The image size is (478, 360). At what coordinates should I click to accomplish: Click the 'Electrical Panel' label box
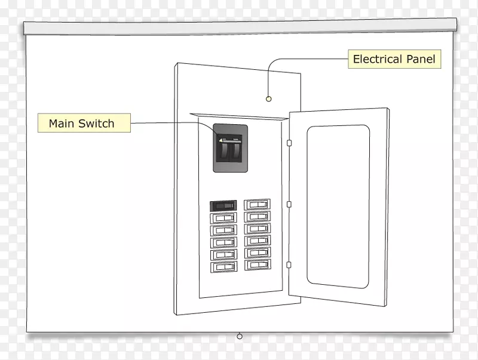394,59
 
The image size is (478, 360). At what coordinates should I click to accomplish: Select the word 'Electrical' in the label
378,59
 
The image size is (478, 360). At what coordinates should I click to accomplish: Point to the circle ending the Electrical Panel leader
269,99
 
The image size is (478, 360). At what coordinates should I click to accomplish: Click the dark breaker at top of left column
223,205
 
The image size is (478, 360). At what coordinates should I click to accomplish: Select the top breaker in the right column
257,204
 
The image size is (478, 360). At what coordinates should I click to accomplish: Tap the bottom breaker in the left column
223,266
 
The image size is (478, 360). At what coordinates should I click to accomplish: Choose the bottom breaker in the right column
257,264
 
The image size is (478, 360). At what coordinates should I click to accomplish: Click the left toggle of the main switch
223,150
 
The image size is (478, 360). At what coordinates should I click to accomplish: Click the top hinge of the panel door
289,143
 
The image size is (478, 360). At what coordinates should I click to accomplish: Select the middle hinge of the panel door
289,204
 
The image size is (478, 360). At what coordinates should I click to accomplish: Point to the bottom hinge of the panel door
289,264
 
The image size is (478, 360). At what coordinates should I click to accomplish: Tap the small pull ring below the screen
240,336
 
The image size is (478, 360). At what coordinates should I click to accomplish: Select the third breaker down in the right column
257,229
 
